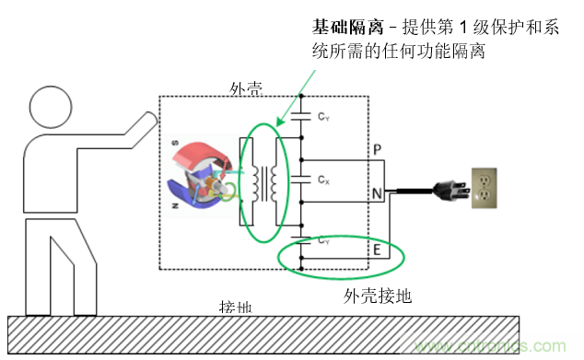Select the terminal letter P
pyautogui.click(x=376, y=149)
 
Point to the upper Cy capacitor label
pyautogui.click(x=323, y=118)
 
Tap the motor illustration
pyautogui.click(x=204, y=174)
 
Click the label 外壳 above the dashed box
pyautogui.click(x=246, y=88)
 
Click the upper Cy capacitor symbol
pyautogui.click(x=301, y=117)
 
